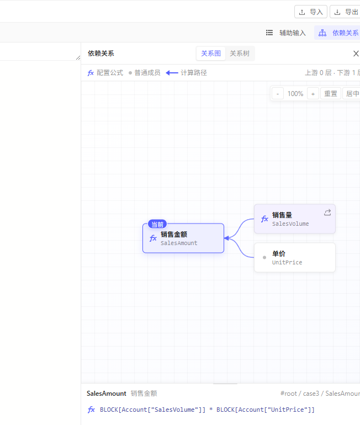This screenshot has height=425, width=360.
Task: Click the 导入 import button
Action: coord(311,12)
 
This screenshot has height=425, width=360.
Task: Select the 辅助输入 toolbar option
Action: coord(285,33)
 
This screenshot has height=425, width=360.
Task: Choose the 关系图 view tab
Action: coord(211,54)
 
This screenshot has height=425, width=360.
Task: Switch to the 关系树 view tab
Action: coord(240,54)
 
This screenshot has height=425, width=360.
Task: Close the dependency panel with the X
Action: coord(356,54)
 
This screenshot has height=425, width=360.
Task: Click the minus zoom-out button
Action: coord(278,94)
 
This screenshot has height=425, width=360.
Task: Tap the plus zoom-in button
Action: coord(313,94)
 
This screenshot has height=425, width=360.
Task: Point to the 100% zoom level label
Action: coord(295,94)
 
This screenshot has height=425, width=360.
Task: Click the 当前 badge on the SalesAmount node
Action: coord(157,225)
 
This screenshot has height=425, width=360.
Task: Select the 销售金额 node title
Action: coord(174,234)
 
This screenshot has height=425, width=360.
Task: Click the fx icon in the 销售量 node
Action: coord(264,219)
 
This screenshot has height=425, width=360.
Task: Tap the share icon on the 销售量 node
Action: coord(327,212)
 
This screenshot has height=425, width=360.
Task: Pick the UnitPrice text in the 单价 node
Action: coord(287,262)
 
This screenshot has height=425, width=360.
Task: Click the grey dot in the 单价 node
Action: coord(264,258)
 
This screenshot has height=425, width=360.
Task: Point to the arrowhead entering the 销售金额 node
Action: coord(226,238)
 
